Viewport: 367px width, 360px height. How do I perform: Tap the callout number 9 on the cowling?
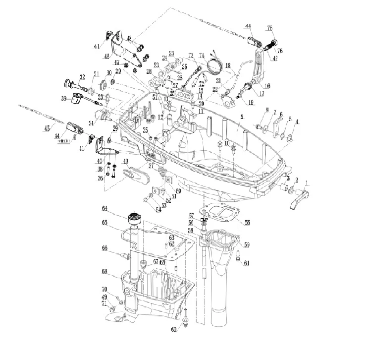pos(242,117)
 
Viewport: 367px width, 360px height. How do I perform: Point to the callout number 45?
pos(47,128)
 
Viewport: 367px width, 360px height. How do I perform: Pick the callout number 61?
pos(247,262)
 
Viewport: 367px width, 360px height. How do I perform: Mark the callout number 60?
pos(174,329)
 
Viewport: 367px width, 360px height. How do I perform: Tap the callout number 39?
pos(64,99)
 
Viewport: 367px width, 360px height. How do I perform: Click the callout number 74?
pos(202,55)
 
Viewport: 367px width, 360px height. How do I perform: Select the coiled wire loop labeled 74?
pos(214,66)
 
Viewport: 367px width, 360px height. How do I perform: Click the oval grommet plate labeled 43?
pos(135,174)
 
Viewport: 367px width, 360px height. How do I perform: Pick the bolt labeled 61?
pos(239,255)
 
